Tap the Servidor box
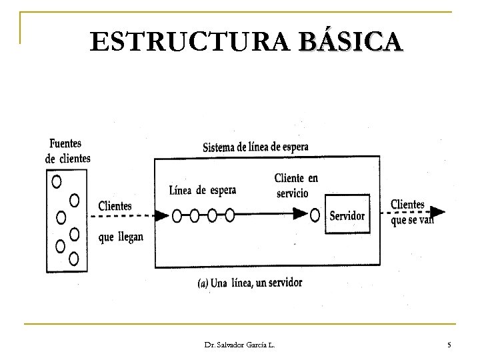tap(347, 215)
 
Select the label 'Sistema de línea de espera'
tap(255, 147)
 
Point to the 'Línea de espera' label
tap(203, 190)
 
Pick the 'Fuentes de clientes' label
tap(68, 151)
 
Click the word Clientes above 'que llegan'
tap(115, 206)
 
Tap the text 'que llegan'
tap(121, 237)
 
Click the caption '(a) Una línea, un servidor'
tap(250, 283)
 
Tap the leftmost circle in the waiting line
tap(177, 215)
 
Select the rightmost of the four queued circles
tap(230, 215)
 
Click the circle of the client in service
tap(316, 215)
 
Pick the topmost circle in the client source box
tap(57, 181)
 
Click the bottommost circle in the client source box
tap(74, 258)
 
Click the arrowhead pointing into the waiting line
tap(161, 215)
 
